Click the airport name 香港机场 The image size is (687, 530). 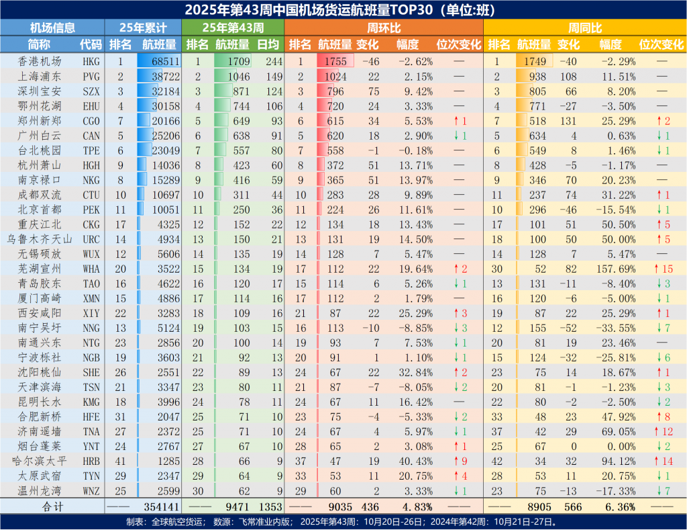(40, 60)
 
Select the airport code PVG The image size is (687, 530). (91, 75)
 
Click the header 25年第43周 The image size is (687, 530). (232, 28)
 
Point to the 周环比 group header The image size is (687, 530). (384, 28)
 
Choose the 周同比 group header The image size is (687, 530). (584, 28)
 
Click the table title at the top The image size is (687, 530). (343, 9)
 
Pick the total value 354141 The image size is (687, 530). (160, 506)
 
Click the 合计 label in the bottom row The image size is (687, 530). (52, 506)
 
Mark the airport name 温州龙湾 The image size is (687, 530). (40, 492)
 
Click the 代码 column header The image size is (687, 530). (91, 44)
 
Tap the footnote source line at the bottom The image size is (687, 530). (343, 522)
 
